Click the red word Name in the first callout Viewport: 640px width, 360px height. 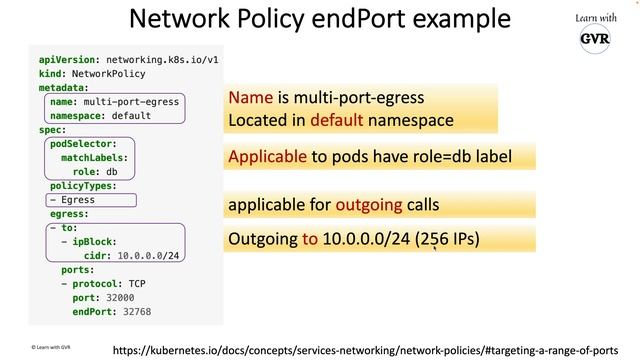(250, 98)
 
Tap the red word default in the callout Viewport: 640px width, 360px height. (335, 120)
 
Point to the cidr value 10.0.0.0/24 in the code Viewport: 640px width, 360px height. (148, 255)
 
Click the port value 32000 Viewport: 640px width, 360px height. (118, 297)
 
